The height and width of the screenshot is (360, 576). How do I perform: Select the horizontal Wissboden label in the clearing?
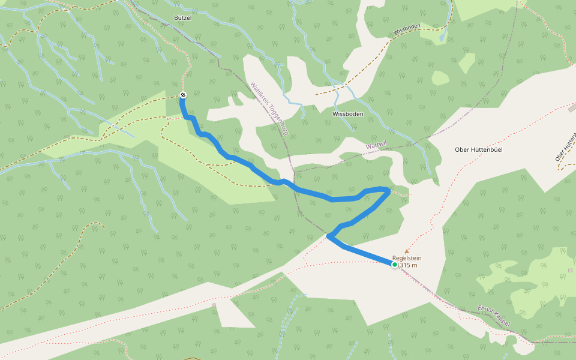[x=347, y=113]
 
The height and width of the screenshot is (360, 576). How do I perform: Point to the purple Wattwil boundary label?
[x=376, y=146]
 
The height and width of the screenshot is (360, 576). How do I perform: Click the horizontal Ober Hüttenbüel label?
[x=481, y=149]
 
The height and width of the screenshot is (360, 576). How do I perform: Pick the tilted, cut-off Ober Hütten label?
[x=565, y=148]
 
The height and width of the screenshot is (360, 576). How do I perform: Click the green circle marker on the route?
[x=395, y=265]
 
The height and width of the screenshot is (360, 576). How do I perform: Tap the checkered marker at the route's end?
[x=182, y=95]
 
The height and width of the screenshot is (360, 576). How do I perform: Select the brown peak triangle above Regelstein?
[x=407, y=251]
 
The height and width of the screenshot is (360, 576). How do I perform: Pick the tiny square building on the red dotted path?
[x=213, y=305]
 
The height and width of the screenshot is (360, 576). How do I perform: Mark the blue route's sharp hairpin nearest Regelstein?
[x=328, y=236]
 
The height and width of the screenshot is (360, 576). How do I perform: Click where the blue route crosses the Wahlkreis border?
[x=292, y=183]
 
